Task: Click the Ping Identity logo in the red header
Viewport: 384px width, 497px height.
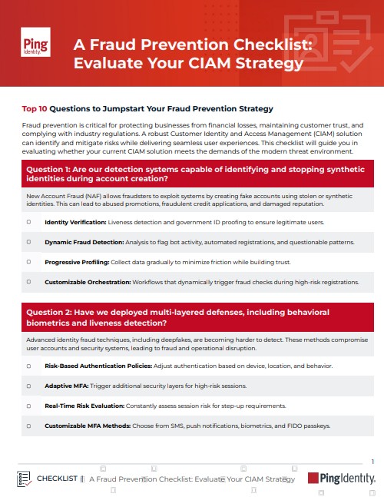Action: click(35, 42)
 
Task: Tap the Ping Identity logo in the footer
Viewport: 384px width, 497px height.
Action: click(342, 478)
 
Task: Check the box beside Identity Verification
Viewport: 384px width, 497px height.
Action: click(29, 222)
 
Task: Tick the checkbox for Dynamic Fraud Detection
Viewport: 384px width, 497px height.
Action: click(29, 242)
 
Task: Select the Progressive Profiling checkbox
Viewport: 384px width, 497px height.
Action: click(29, 262)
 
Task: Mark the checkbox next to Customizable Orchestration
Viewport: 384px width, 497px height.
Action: click(29, 282)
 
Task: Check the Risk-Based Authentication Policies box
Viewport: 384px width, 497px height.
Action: click(29, 366)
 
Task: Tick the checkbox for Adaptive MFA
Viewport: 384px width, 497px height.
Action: click(29, 386)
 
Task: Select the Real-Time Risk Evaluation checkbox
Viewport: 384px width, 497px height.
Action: click(29, 406)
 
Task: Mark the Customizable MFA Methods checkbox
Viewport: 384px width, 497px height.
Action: click(29, 426)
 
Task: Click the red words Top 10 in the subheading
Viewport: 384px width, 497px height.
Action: click(35, 109)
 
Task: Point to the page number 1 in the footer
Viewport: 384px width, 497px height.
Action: click(372, 462)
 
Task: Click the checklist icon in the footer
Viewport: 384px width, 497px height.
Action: click(24, 479)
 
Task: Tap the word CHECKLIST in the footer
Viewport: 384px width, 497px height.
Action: click(57, 479)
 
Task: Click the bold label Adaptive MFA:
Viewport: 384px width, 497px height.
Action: click(67, 386)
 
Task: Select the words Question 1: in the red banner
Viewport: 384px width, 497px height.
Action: click(48, 169)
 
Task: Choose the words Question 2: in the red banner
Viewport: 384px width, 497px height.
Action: click(49, 312)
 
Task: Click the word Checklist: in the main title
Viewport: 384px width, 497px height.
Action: click(273, 45)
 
